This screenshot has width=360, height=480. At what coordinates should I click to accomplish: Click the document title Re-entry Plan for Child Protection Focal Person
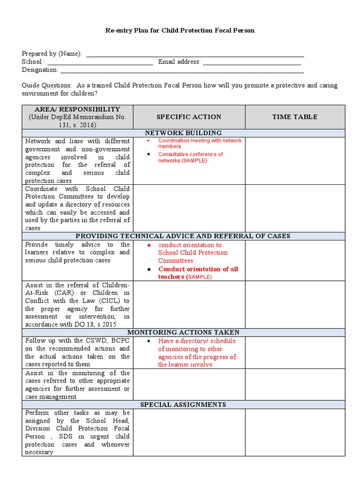(x=180, y=30)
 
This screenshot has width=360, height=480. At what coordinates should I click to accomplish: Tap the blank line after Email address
(x=252, y=63)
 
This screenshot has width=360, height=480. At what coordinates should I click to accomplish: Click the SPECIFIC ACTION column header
(x=189, y=117)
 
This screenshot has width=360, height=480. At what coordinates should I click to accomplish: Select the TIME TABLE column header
(x=295, y=117)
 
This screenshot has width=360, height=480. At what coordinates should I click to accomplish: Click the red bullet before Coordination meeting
(x=148, y=141)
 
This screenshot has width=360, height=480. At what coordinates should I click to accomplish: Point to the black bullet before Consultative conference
(x=148, y=154)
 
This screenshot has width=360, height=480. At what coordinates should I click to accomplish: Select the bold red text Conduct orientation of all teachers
(x=198, y=273)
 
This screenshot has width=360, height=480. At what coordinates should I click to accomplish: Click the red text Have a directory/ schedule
(x=197, y=341)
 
